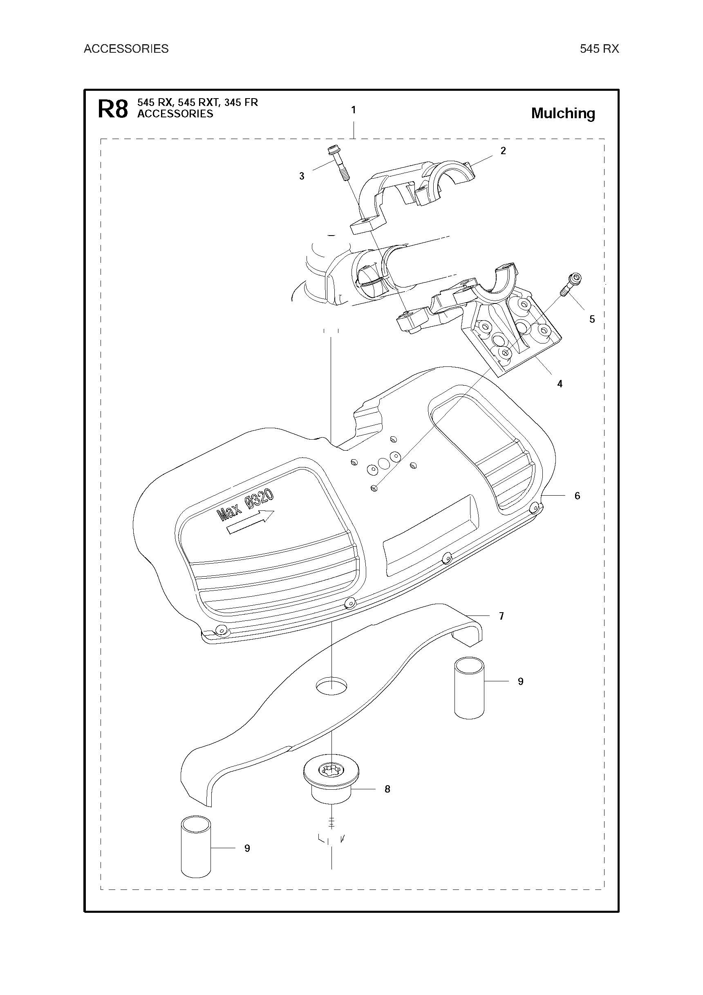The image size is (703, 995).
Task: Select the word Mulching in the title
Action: [563, 114]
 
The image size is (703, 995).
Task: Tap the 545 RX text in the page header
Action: [599, 49]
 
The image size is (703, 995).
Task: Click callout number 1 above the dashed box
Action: [354, 110]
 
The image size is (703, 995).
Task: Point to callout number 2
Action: [503, 151]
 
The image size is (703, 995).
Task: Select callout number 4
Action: [560, 384]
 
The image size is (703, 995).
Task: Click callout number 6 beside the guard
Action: [577, 496]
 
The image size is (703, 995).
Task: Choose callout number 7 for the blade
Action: [501, 616]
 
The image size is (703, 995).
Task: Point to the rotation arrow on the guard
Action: [251, 522]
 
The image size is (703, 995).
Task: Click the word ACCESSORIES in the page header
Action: [126, 49]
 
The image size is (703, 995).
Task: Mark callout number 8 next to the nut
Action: [387, 789]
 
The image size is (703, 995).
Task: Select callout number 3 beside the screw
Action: [302, 176]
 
